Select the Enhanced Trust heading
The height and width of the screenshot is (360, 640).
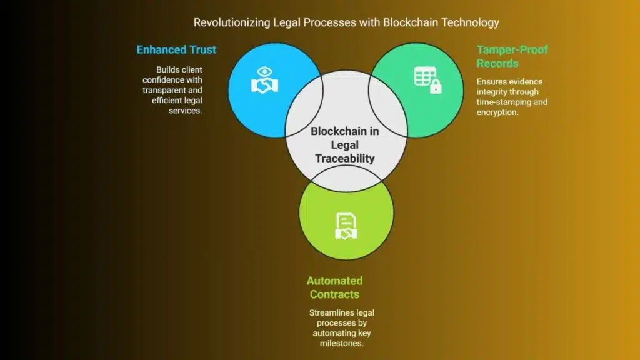pos(177,49)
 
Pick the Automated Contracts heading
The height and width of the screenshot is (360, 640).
pos(334,287)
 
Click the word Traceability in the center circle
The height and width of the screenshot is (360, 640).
pos(344,159)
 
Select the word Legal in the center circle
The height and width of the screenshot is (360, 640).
pos(344,145)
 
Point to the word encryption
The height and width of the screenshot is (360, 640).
pos(497,112)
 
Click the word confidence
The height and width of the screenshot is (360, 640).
pos(163,80)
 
